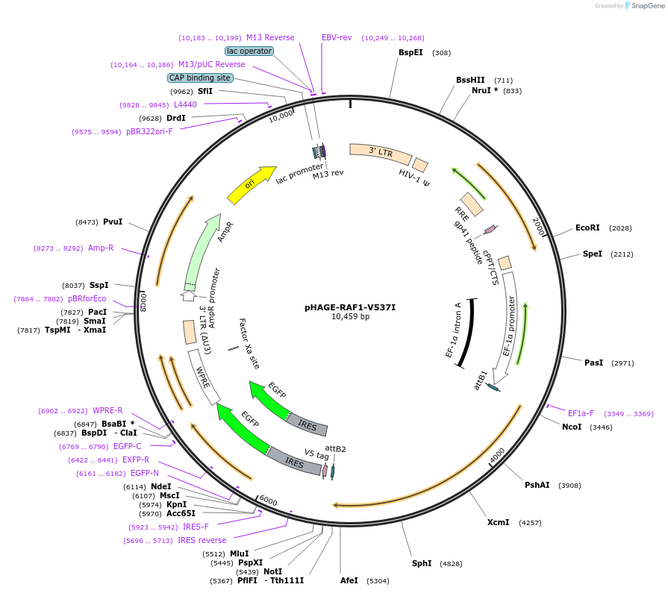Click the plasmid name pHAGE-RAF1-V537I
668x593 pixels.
tap(350, 307)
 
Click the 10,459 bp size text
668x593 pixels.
tap(350, 317)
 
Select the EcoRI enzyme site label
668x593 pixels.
tap(587, 228)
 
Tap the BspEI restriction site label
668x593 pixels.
tap(411, 53)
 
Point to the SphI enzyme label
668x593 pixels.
tap(422, 563)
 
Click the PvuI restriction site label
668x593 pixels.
tap(113, 222)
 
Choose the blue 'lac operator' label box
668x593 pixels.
tap(249, 51)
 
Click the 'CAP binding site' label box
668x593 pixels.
tap(200, 78)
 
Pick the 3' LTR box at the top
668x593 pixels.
tap(380, 153)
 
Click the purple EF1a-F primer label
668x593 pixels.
tap(581, 413)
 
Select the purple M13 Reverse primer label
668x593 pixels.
tap(270, 37)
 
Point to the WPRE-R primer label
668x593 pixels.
tap(107, 411)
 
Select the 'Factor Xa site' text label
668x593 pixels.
tap(249, 344)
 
